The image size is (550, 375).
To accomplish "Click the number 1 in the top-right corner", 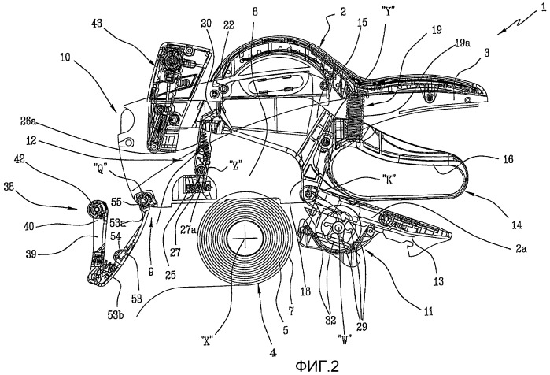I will tap(541, 8).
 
